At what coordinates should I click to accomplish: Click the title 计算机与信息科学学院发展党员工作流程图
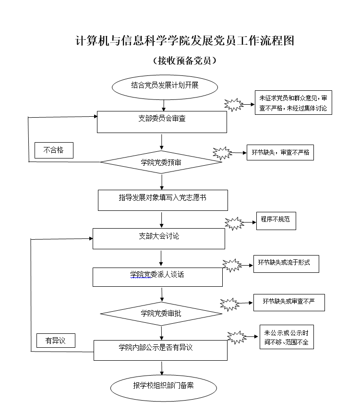pyautogui.click(x=185, y=41)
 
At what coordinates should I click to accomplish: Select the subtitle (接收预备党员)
pyautogui.click(x=184, y=61)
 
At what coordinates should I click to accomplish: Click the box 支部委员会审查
pyautogui.click(x=162, y=122)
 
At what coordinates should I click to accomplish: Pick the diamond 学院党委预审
pyautogui.click(x=161, y=163)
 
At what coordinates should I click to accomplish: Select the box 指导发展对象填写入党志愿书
pyautogui.click(x=163, y=200)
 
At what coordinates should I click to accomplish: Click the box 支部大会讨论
pyautogui.click(x=158, y=238)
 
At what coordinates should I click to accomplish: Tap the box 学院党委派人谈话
pyautogui.click(x=157, y=277)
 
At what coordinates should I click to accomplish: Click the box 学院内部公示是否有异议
pyautogui.click(x=160, y=350)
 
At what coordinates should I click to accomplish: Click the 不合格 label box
pyautogui.click(x=54, y=150)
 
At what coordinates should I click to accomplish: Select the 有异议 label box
pyautogui.click(x=55, y=341)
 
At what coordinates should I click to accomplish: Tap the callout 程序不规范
pyautogui.click(x=276, y=220)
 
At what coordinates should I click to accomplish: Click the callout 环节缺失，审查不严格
pyautogui.click(x=280, y=153)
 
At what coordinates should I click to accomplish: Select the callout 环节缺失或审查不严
pyautogui.click(x=289, y=302)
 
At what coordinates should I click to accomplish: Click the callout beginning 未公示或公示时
pyautogui.click(x=286, y=337)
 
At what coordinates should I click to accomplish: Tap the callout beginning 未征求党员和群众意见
pyautogui.click(x=293, y=103)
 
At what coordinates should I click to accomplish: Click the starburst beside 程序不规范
pyautogui.click(x=234, y=223)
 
